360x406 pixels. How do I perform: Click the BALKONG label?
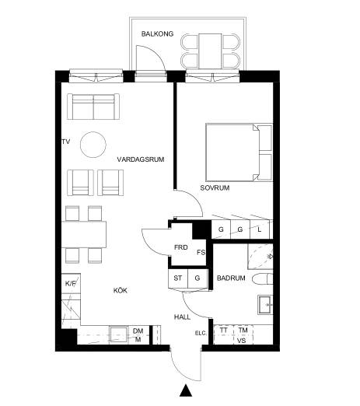click(x=157, y=34)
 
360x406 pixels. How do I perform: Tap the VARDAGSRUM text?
click(x=141, y=159)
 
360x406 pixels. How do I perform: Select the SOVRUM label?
click(x=215, y=187)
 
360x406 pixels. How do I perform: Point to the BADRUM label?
click(x=231, y=278)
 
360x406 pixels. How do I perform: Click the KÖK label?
click(x=121, y=290)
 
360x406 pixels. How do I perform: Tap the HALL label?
click(x=182, y=317)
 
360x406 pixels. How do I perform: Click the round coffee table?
click(x=93, y=145)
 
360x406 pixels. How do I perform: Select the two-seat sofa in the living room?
click(x=93, y=107)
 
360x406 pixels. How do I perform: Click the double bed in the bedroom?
click(x=239, y=152)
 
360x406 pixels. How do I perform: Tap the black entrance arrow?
click(x=186, y=390)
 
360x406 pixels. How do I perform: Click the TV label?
click(x=66, y=142)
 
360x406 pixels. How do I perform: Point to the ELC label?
click(x=201, y=334)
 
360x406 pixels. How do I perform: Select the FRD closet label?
click(x=181, y=247)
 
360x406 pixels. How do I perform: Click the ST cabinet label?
click(x=178, y=278)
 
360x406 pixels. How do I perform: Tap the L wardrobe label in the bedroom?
click(x=260, y=229)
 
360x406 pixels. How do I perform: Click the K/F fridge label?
click(x=71, y=283)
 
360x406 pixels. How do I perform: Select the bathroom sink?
click(x=265, y=305)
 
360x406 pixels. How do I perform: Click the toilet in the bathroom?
click(x=262, y=278)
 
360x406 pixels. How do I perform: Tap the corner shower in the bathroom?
click(x=260, y=257)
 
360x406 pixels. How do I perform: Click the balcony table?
click(x=210, y=51)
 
